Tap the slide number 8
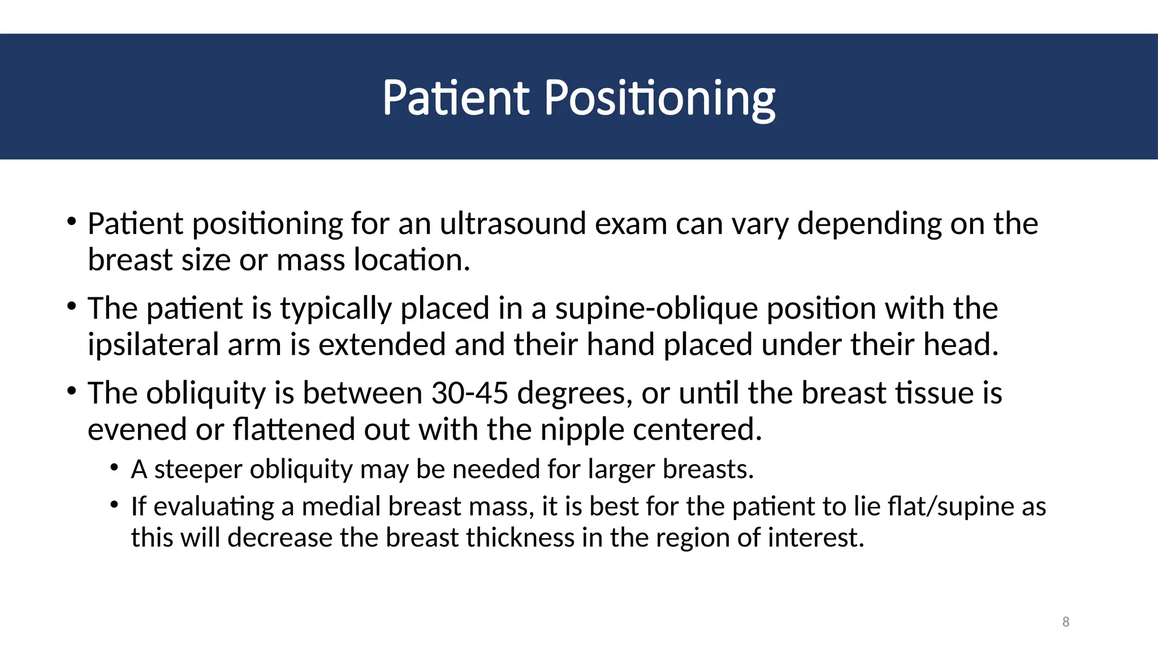tap(1066, 622)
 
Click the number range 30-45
tap(469, 393)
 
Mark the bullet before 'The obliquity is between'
tap(71, 391)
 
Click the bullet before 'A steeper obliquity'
tap(115, 468)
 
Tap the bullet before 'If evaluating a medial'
tap(115, 505)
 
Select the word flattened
tap(293, 429)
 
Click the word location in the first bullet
tap(412, 261)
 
